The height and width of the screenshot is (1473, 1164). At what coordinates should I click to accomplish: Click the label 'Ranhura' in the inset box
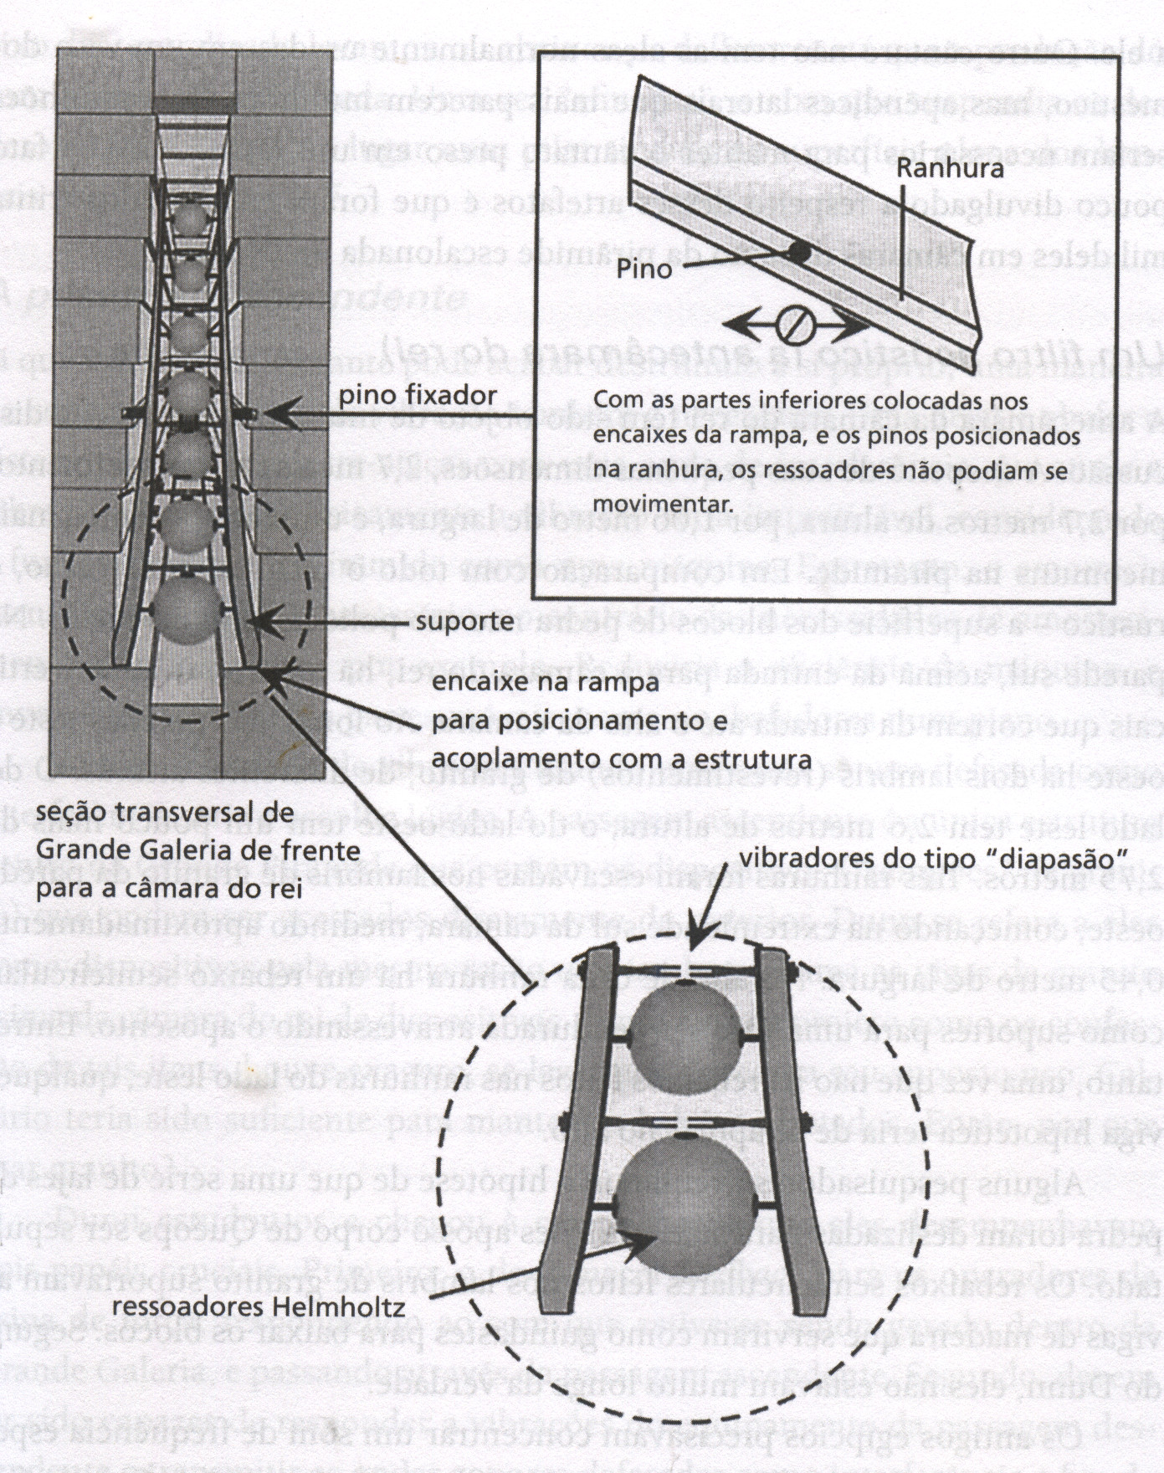click(949, 168)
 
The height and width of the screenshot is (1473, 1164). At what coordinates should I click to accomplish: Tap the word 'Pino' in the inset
click(644, 269)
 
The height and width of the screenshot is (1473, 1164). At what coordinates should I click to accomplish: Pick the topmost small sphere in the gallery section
click(192, 220)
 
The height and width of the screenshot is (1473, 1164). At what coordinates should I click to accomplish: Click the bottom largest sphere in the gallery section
click(187, 609)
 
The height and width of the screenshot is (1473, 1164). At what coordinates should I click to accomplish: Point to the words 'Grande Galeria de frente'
click(199, 852)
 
